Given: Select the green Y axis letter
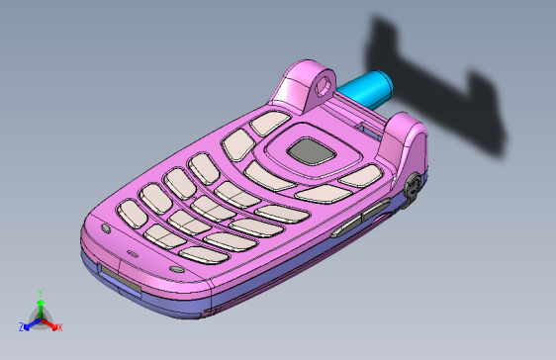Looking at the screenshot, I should [x=39, y=293].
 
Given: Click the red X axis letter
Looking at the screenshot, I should [x=59, y=326].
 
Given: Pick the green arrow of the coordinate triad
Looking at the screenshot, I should [x=40, y=307].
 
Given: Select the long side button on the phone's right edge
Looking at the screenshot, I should [x=360, y=216].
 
